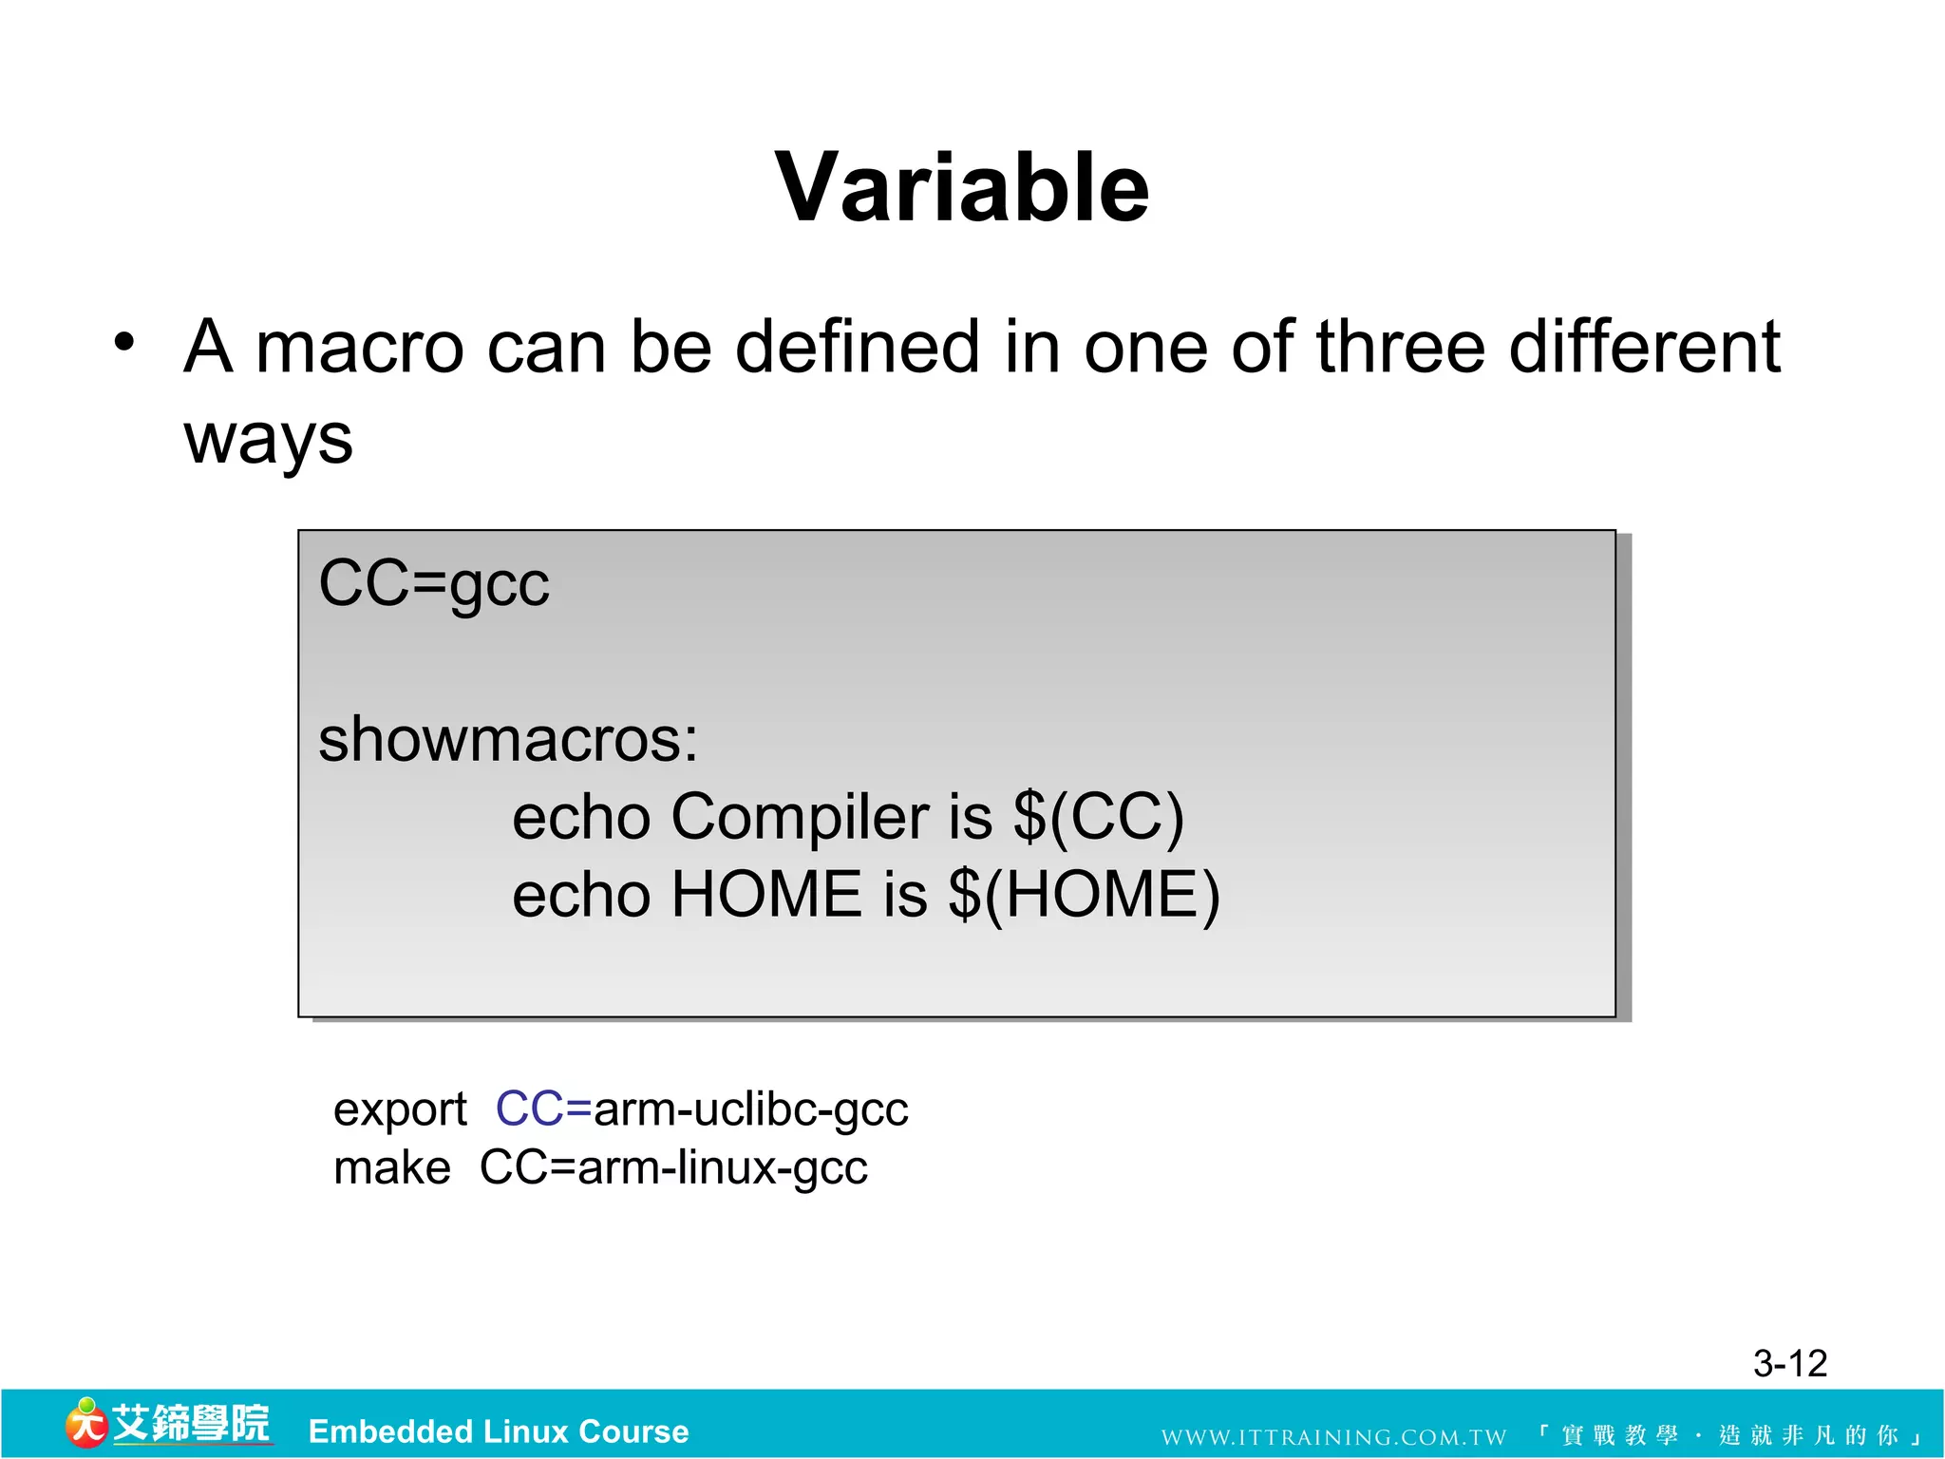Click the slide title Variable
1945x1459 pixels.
[x=961, y=188]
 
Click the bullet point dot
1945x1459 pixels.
[x=124, y=341]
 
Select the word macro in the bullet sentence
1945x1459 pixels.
[x=360, y=348]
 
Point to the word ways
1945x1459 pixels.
[x=269, y=440]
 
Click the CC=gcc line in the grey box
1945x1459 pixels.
[x=434, y=583]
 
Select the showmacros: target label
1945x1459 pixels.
[x=508, y=739]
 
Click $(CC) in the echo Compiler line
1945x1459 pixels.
[x=1098, y=817]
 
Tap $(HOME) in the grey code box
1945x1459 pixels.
[x=1084, y=895]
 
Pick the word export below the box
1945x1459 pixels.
[x=400, y=1109]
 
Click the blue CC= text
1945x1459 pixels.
[x=543, y=1108]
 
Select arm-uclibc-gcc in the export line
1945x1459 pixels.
[x=750, y=1109]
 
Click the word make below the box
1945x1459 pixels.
[x=392, y=1167]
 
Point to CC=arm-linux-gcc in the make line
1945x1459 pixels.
[x=673, y=1167]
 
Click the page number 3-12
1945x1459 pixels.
[x=1789, y=1364]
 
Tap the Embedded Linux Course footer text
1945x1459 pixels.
[x=499, y=1431]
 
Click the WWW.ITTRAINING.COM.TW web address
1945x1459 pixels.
[x=1333, y=1437]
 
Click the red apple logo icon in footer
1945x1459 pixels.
[x=86, y=1424]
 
